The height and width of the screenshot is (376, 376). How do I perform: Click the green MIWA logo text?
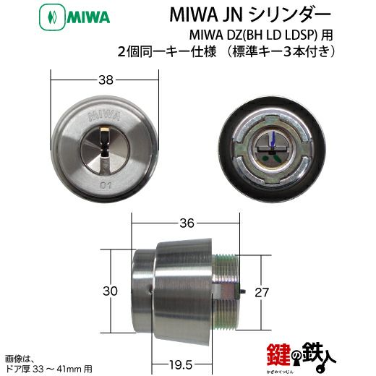(88, 17)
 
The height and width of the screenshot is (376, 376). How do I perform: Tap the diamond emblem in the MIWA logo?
(52, 18)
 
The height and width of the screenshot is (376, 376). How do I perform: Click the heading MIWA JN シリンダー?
(250, 15)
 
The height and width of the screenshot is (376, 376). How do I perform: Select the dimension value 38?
(106, 80)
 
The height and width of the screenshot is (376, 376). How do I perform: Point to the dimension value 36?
(187, 223)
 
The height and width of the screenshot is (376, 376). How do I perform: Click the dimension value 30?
(110, 291)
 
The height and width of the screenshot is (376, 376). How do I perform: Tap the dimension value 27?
(262, 292)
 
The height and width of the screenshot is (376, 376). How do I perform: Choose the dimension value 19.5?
(181, 365)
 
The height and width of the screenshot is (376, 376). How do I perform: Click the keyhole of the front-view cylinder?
(105, 144)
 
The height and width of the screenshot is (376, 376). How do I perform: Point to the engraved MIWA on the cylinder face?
(105, 116)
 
